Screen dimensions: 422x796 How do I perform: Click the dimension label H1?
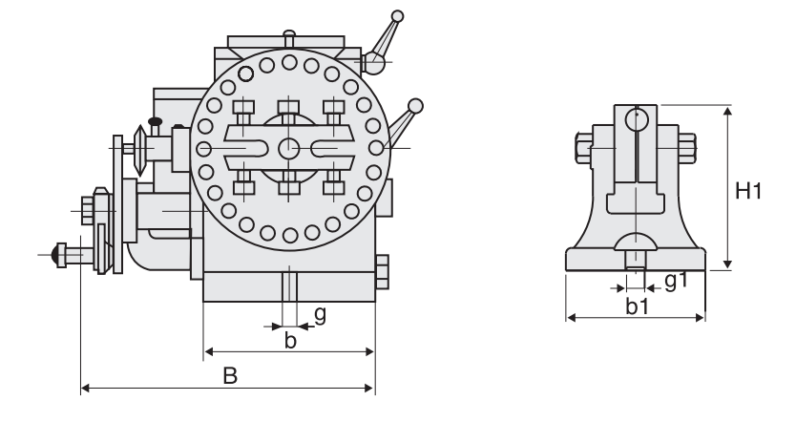coord(749,191)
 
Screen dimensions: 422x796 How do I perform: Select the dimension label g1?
coord(675,282)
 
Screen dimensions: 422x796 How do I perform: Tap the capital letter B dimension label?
coord(229,375)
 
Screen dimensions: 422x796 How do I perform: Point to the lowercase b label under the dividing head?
coord(290,339)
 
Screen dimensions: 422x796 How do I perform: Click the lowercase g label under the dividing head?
coord(319,316)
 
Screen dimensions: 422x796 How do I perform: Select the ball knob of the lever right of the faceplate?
coord(415,103)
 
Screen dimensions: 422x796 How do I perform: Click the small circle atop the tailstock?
coord(636,120)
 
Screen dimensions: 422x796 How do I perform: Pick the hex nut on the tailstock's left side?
coord(582,150)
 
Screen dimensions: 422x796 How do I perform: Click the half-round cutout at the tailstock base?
coord(636,243)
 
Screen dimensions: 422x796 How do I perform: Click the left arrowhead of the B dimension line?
coord(83,389)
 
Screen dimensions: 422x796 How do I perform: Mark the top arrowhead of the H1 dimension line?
coord(728,111)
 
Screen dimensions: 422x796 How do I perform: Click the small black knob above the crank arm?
coord(154,120)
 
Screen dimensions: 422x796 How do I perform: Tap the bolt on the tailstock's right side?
coord(688,148)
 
